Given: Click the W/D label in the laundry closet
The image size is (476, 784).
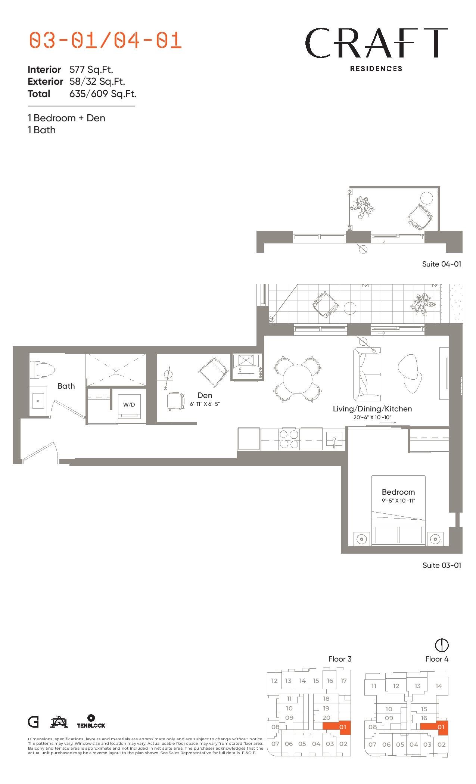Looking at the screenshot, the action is pos(129,405).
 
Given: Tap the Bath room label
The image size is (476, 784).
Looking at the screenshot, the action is pos(66,386).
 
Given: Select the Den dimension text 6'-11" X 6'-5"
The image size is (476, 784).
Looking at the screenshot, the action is pos(205,404).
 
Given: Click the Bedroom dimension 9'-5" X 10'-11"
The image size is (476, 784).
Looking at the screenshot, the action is pos(398,501).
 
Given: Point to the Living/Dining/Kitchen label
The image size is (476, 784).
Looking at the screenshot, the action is pos(372,409).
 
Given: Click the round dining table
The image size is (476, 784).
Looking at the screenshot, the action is pos(298,379).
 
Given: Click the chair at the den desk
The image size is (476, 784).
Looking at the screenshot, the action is pos(175,401).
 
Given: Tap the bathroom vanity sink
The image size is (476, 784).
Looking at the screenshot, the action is pos(38,401).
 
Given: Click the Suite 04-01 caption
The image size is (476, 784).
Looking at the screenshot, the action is pos(442,264).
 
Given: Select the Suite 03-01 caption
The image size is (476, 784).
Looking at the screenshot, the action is pos(442,565).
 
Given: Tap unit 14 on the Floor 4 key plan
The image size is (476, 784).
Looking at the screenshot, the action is pos(439,686).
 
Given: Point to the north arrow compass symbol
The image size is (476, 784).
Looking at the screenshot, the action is pos(442,645).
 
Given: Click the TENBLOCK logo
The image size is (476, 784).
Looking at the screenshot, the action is pos(91,721).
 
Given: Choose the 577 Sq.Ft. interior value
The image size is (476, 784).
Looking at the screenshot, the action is pos(91,69).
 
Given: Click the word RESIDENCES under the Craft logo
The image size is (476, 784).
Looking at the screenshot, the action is pos(376,69).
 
